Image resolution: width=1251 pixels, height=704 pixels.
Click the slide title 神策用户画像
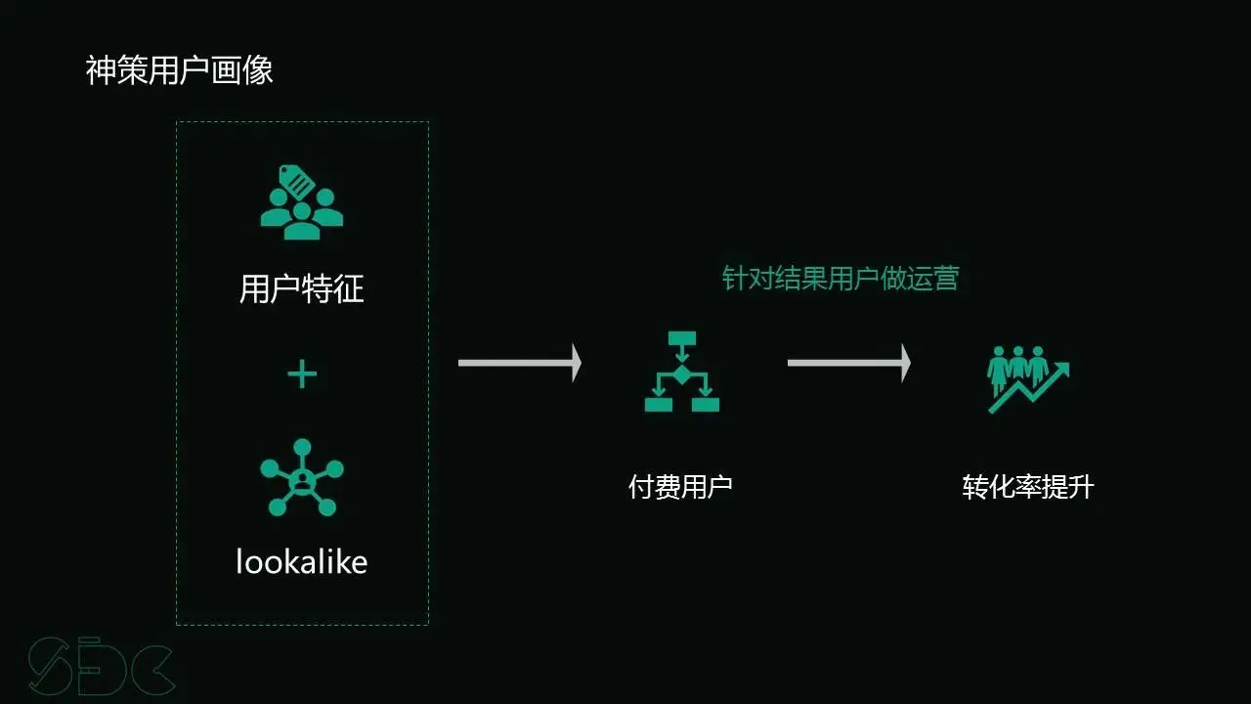pos(180,70)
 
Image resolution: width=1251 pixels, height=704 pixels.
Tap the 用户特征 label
pos(302,289)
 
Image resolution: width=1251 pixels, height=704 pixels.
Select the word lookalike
pos(302,561)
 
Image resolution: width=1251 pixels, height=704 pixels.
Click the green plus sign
pos(302,374)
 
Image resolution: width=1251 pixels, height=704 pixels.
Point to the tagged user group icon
pos(302,202)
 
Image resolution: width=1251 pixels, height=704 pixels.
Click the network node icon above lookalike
pos(302,477)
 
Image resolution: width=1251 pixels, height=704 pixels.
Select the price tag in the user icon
pos(296,182)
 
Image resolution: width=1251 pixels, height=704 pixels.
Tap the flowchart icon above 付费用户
pos(682,372)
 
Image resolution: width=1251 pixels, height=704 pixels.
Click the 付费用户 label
pos(680,486)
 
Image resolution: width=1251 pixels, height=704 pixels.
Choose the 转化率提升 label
pos(1028,487)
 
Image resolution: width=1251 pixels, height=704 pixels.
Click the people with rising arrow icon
pos(1027,377)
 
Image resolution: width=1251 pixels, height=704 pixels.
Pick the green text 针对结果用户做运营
pos(841,279)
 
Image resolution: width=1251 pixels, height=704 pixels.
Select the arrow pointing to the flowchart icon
pos(520,363)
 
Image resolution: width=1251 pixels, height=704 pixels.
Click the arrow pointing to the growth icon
pos(849,363)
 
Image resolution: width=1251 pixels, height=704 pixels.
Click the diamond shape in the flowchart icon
pos(682,374)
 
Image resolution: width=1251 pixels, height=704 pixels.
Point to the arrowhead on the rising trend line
pos(1061,370)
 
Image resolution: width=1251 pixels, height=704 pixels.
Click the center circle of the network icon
pos(302,479)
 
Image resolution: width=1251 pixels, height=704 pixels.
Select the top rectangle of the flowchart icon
pos(682,339)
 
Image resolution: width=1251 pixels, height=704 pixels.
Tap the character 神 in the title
pos(101,70)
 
